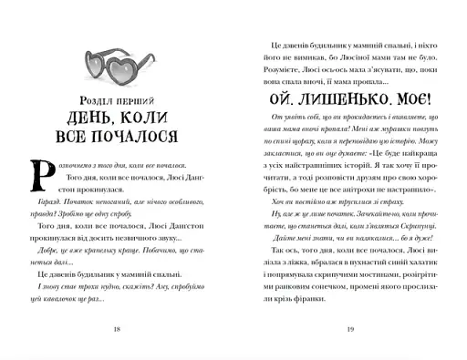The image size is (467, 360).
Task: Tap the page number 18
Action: tap(114, 329)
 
